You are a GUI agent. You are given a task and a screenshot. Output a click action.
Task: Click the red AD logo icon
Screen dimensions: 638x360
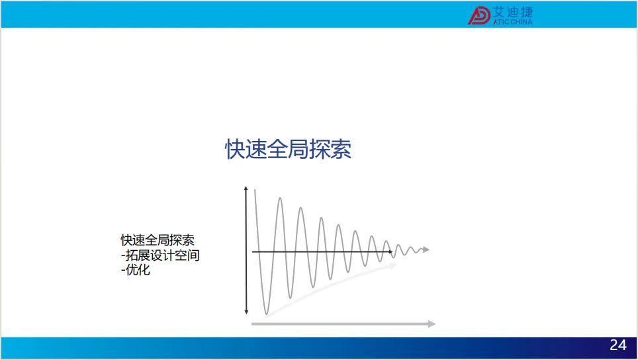479,15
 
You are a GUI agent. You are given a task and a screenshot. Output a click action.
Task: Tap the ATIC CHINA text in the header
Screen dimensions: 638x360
513,22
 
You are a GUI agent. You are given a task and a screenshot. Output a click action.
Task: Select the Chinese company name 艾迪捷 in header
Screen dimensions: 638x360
513,12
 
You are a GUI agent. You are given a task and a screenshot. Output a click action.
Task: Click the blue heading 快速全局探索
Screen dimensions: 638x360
288,149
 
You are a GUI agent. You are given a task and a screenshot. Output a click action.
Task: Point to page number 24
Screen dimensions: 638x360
618,345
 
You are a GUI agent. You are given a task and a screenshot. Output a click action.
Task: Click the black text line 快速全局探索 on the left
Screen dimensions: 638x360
158,240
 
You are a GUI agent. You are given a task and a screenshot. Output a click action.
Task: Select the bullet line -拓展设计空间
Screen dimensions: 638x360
160,255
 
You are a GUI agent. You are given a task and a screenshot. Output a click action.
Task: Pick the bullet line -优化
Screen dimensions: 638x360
136,269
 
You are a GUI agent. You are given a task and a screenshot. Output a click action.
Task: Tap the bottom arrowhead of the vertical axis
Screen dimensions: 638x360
246,312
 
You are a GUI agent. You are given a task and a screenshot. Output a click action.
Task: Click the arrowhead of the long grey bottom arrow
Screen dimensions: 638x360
432,324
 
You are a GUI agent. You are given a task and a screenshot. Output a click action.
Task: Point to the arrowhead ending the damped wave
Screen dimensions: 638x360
426,249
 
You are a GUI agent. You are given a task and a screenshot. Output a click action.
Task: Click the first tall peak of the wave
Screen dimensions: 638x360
280,198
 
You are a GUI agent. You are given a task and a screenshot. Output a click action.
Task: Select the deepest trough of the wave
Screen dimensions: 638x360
267,314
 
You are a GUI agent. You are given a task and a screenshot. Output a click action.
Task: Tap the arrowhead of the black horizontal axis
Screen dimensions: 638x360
390,251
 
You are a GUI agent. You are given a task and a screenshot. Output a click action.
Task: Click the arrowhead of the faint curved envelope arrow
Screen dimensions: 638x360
393,265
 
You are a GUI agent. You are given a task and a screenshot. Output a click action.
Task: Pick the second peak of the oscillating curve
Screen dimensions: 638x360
300,208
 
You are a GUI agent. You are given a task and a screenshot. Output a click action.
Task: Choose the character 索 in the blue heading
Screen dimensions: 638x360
341,149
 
